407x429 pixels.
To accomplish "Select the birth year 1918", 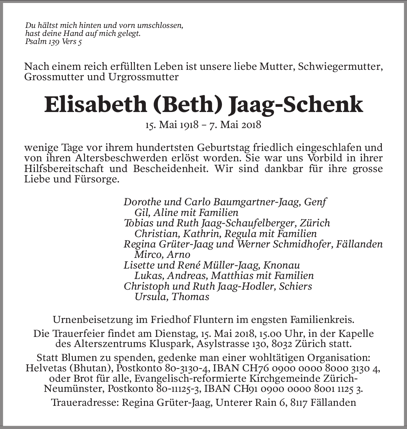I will tap(189, 124).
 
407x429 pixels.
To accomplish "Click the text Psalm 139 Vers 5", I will tap(53, 42).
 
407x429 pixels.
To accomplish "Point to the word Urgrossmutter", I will tap(143, 77).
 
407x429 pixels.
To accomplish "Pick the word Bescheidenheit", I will tap(169, 168).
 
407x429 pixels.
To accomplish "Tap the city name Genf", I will tap(315, 202).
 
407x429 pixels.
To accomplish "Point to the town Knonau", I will tap(281, 265).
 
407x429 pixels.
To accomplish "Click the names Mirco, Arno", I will tap(162, 255).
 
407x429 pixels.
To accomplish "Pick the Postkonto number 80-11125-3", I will tap(177, 389).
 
